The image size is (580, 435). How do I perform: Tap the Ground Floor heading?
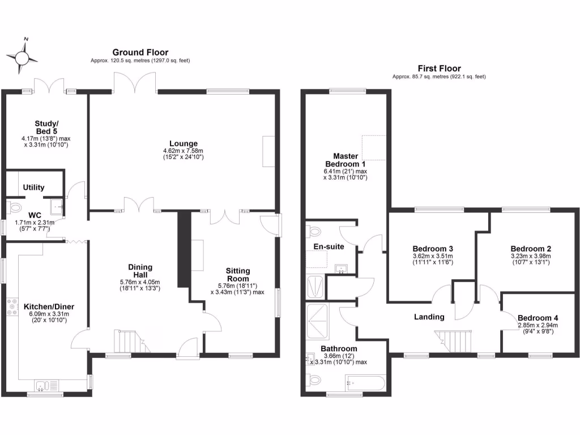(x=140, y=52)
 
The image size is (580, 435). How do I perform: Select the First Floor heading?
(x=439, y=68)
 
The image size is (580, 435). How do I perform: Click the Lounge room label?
(x=182, y=143)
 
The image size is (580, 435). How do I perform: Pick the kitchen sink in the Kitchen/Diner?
(x=43, y=387)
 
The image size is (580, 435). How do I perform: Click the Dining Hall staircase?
(x=126, y=342)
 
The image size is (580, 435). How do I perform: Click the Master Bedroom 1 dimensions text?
(x=346, y=174)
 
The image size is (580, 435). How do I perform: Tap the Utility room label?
(x=33, y=187)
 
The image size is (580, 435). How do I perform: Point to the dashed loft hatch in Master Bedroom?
(x=373, y=151)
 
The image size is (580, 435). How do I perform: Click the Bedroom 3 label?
(x=432, y=249)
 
